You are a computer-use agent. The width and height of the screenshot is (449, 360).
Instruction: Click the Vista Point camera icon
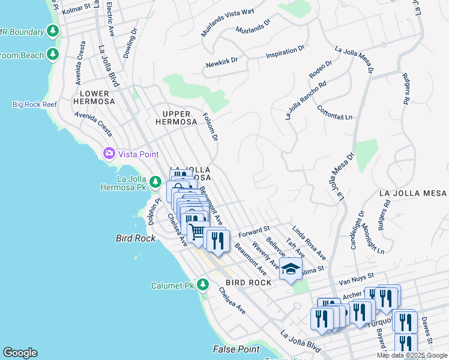point(109,154)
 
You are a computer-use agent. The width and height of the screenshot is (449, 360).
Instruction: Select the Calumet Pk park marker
point(203,284)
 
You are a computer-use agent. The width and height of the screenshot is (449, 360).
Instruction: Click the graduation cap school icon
point(291,269)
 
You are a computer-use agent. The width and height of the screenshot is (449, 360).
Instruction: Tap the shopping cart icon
point(197,231)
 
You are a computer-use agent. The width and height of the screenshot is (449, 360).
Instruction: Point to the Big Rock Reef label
point(35,104)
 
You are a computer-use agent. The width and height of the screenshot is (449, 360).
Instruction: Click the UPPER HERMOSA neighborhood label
point(176,118)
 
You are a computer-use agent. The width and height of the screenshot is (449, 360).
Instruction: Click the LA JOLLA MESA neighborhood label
point(413,193)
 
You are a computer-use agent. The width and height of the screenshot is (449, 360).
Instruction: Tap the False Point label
point(237,349)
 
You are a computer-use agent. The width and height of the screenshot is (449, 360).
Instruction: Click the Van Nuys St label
point(356,278)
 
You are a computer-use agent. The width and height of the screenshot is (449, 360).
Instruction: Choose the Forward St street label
point(254,231)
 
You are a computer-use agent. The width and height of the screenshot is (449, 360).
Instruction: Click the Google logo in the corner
point(20,353)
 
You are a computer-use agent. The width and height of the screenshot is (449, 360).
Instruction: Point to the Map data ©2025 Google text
point(412,355)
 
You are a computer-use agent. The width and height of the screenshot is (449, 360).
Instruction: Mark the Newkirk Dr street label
point(222,61)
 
